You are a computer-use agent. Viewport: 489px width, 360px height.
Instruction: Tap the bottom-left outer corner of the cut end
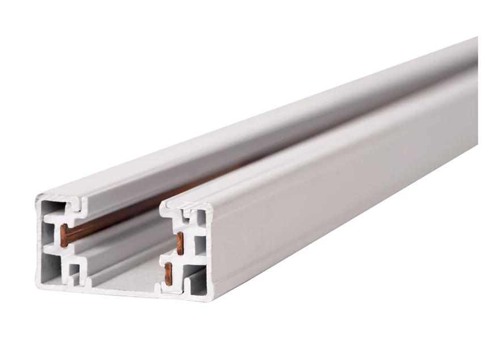39,289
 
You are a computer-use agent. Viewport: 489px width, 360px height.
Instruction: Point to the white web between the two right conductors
182,258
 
